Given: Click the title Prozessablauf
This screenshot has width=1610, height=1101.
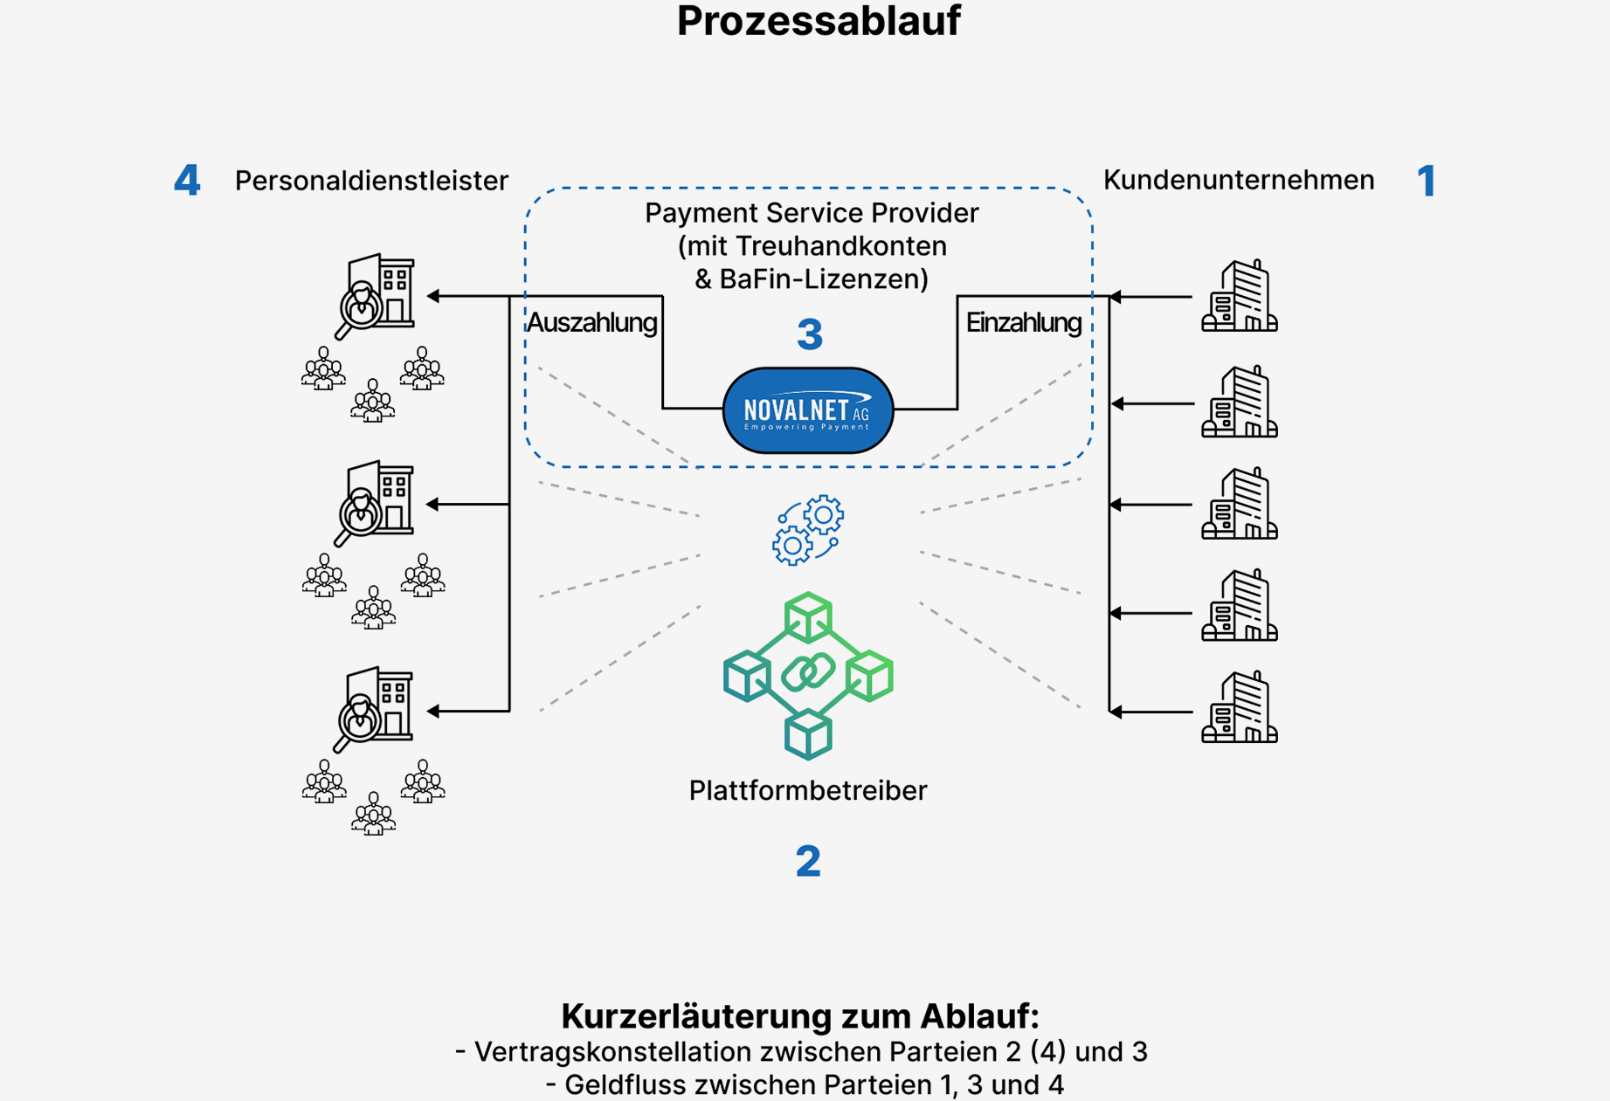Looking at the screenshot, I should point(819,21).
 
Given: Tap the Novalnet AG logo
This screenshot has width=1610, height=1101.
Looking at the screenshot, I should point(808,410).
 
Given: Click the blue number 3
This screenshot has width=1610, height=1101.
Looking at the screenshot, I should point(810,334).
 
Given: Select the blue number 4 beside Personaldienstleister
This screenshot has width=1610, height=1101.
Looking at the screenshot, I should point(187,181).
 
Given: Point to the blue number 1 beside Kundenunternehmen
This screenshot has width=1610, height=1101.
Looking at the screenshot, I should point(1426,181).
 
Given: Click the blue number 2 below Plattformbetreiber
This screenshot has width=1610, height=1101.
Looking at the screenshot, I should point(808,861).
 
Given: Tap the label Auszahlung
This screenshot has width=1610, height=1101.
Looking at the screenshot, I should point(591,323).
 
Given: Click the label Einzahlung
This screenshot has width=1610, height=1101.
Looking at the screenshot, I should point(1023,323).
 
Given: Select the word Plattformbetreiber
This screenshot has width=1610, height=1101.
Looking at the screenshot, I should point(807,790).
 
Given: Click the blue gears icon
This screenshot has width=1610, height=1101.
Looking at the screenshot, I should point(808,530).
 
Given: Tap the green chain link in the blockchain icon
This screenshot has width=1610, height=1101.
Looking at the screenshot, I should point(808,673).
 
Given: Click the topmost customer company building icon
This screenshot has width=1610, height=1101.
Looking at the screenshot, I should point(1239,296).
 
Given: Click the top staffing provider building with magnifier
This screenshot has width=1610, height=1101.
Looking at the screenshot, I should point(377,295).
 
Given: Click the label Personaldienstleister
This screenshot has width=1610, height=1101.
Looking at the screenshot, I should point(371,181).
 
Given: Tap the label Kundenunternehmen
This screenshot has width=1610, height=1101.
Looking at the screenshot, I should point(1238,180).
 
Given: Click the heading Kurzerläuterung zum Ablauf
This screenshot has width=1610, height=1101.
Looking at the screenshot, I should point(800,1016).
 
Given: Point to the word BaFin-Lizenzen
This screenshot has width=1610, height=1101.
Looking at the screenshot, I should point(823,279).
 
